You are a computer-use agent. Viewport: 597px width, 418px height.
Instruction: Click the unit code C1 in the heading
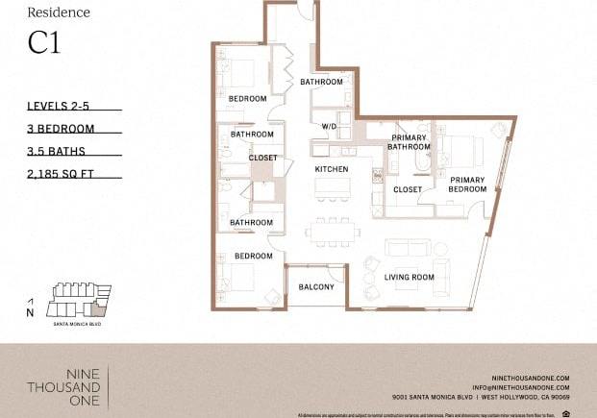click(43, 44)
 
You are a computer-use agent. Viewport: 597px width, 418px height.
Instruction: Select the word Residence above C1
click(59, 12)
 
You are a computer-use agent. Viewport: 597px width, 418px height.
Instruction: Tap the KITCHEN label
click(332, 170)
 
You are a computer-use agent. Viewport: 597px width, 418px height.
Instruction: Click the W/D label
click(329, 126)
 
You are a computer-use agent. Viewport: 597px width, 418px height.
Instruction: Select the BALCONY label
click(316, 287)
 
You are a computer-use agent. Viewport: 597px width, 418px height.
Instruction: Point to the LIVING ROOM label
click(410, 278)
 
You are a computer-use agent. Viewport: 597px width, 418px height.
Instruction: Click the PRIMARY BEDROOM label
click(467, 184)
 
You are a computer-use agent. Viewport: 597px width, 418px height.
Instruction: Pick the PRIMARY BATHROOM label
click(409, 143)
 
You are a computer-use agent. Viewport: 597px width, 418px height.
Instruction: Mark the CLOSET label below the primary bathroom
click(408, 190)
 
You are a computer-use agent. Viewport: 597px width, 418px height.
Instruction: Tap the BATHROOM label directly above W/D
click(321, 83)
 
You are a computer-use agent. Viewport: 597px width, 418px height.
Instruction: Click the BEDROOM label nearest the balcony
click(254, 257)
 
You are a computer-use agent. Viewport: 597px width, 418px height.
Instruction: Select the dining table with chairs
click(333, 231)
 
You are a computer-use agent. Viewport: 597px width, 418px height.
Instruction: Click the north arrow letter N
click(30, 312)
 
